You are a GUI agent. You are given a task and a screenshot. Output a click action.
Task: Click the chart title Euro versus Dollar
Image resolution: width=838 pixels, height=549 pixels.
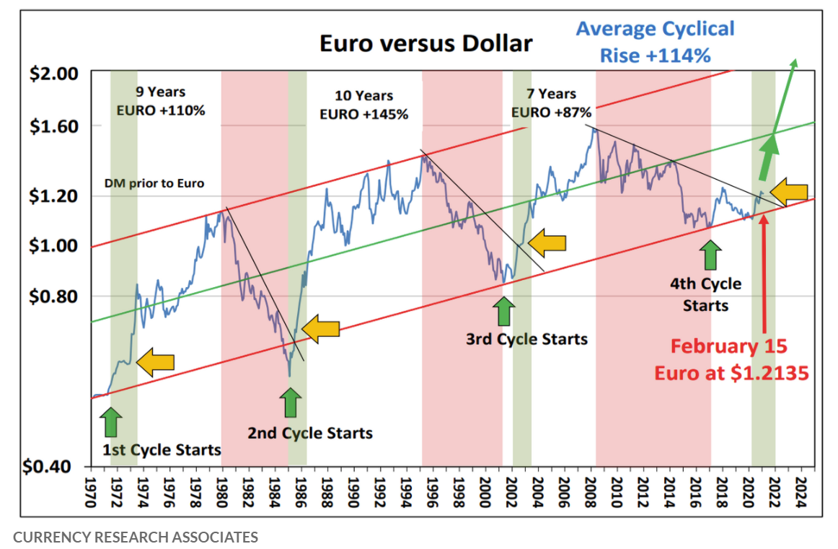(x=426, y=43)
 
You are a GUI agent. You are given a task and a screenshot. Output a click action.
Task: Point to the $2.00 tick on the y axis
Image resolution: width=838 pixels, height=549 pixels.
(x=53, y=74)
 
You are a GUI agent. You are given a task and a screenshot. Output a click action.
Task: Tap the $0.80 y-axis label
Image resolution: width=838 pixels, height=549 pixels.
(x=53, y=296)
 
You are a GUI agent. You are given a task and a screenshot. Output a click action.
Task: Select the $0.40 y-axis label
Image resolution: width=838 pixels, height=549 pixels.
(x=47, y=466)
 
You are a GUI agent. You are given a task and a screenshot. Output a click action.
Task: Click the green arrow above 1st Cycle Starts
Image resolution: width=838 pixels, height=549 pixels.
(x=110, y=422)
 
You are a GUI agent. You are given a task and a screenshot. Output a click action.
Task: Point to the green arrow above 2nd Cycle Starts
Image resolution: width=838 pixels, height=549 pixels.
(x=290, y=403)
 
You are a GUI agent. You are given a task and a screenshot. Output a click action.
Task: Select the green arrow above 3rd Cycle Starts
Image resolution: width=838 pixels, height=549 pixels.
(x=504, y=311)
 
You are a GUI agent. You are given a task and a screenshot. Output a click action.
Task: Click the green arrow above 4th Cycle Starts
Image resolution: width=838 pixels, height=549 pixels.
(x=710, y=255)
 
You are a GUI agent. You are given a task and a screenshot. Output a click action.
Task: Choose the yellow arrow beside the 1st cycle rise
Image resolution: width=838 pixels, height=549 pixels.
(x=156, y=362)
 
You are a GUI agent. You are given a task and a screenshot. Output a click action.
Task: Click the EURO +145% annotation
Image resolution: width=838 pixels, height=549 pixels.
(x=364, y=115)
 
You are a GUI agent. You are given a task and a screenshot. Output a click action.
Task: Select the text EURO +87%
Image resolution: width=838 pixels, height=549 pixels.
(x=551, y=113)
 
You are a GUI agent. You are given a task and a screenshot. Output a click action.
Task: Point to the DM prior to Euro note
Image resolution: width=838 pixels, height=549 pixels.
(x=154, y=183)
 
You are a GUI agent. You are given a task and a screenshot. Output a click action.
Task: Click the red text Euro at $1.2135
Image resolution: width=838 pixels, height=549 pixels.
(x=732, y=372)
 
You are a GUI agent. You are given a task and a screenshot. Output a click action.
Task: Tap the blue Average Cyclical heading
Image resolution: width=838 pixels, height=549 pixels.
(x=656, y=29)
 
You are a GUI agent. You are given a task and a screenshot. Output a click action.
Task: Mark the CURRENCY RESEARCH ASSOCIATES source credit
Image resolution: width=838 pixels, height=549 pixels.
(x=136, y=537)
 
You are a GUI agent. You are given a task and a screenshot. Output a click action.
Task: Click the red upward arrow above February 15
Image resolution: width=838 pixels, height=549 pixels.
(x=764, y=273)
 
